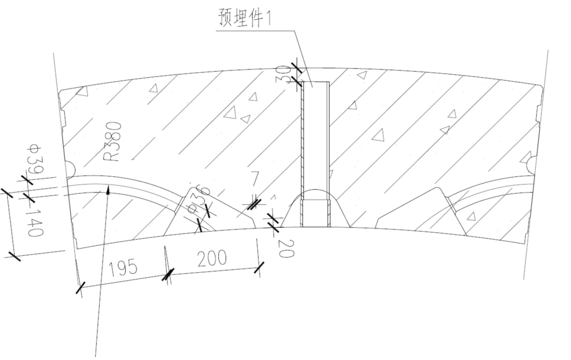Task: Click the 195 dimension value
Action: (x=123, y=268)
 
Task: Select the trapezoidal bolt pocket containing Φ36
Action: (x=210, y=213)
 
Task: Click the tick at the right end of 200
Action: (x=259, y=268)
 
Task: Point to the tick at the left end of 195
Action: (x=81, y=288)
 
